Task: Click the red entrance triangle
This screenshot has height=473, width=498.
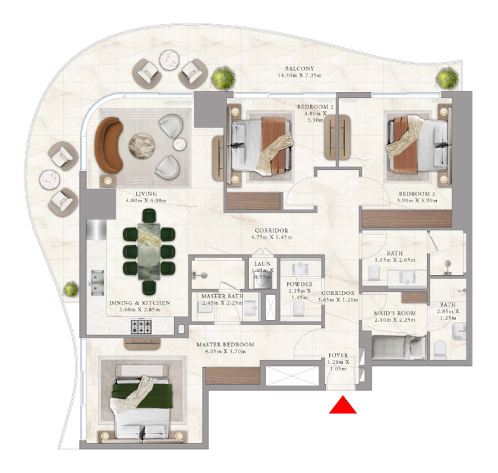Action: point(343,405)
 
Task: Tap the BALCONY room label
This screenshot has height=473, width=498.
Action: point(300,68)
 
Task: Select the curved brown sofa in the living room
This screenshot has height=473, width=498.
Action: point(108,145)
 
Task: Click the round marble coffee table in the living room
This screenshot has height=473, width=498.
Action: point(142,146)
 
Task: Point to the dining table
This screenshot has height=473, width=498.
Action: point(149,252)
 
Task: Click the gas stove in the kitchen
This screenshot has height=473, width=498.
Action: point(141,327)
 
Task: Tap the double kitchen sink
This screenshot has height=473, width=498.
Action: point(97,282)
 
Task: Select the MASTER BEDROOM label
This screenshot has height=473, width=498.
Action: point(225,344)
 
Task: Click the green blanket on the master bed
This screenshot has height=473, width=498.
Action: point(141,395)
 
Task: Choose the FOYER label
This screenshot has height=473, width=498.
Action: point(338,355)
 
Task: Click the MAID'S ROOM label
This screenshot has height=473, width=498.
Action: point(394,313)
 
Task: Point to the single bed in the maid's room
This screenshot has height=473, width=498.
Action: point(399,348)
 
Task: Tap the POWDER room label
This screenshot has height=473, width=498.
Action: point(300,284)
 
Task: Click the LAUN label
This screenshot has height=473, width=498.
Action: point(262,263)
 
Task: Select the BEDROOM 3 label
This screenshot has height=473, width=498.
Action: point(417,194)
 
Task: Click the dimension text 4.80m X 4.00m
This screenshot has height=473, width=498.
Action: point(146,200)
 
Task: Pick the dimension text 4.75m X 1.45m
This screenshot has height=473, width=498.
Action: point(271,237)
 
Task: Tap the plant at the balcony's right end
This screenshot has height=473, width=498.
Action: point(447,78)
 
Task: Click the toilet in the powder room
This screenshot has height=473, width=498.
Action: point(298,308)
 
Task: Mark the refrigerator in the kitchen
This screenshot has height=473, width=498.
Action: point(97,229)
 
